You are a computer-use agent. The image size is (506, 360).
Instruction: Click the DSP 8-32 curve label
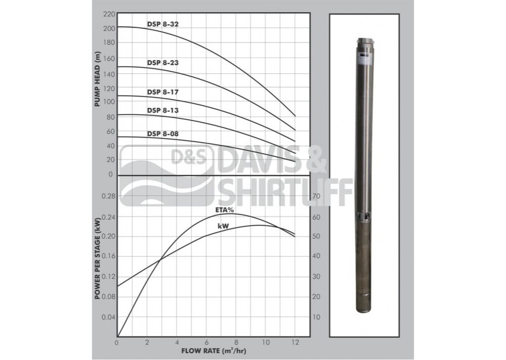click(162, 24)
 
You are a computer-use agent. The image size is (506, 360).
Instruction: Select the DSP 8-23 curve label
click(162, 63)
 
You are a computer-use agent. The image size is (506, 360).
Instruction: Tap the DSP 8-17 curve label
click(162, 92)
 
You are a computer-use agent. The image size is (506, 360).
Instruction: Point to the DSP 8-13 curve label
click(162, 110)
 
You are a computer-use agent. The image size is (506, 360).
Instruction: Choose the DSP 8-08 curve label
click(162, 133)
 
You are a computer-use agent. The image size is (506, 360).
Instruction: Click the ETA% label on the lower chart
click(225, 210)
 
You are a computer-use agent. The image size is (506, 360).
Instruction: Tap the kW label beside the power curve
click(223, 226)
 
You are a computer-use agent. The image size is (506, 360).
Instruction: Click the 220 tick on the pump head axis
click(109, 14)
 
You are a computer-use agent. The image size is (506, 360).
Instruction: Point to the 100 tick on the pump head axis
click(109, 102)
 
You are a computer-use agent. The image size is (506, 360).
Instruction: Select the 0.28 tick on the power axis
click(108, 196)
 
